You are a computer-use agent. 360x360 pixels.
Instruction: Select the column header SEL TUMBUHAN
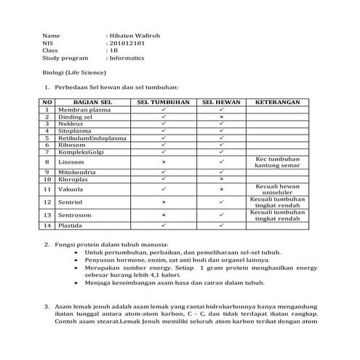pyautogui.click(x=163, y=102)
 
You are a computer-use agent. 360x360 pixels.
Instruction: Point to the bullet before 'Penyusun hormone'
pyautogui.click(x=76, y=260)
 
